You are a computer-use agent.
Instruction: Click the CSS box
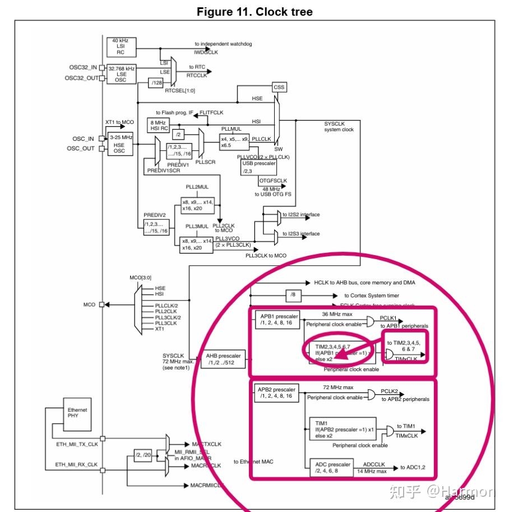pos(279,87)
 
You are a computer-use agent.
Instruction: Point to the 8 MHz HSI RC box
pos(158,125)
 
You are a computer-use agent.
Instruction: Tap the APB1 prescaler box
pos(276,319)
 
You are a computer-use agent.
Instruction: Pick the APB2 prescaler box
pos(276,391)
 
